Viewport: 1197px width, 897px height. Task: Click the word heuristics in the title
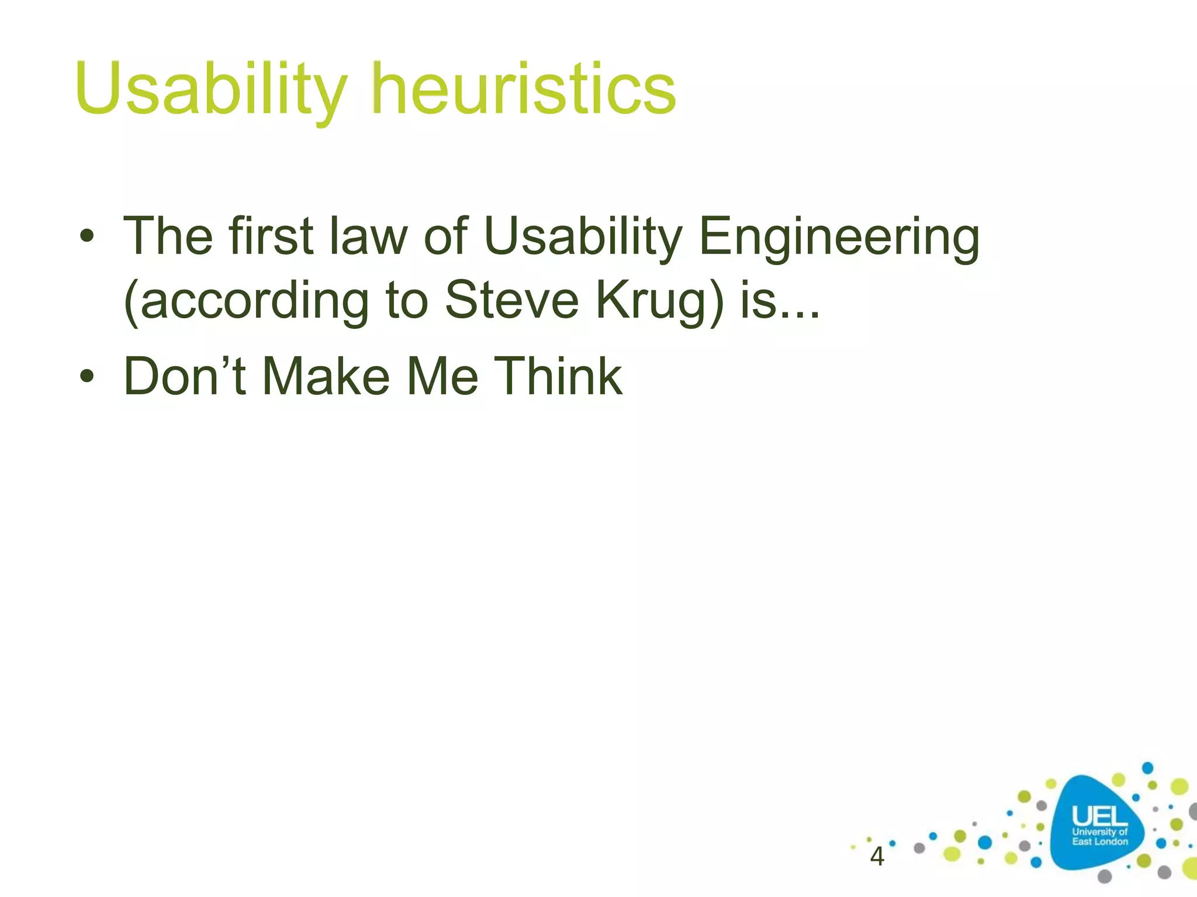[524, 89]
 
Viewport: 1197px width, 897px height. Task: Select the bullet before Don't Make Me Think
[87, 377]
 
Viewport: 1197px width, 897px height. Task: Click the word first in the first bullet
[271, 236]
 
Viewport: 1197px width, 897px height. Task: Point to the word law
[368, 236]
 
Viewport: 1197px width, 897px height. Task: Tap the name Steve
[511, 300]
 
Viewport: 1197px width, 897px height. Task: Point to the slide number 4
[877, 857]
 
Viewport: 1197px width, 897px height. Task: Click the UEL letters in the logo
[1099, 816]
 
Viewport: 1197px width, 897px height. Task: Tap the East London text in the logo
[1099, 842]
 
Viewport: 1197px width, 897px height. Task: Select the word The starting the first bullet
[168, 236]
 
